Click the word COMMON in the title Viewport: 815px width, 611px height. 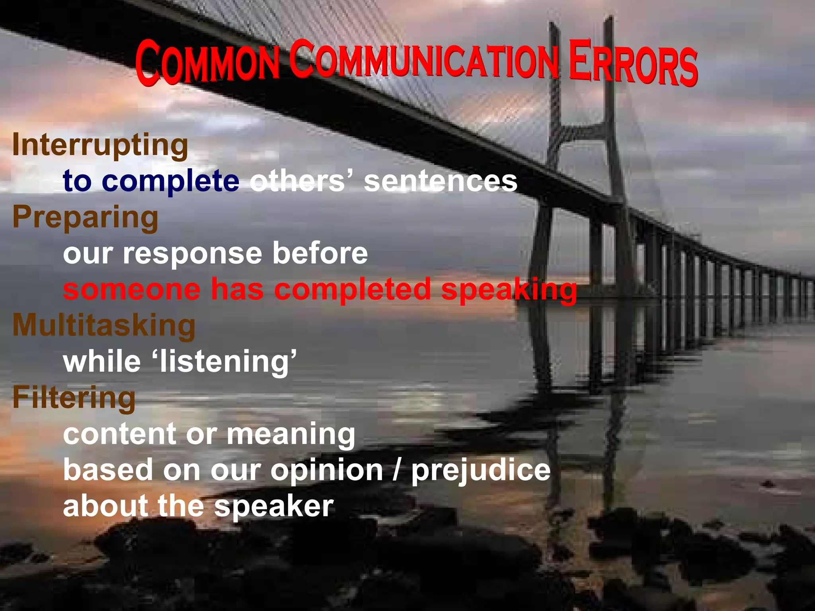click(207, 63)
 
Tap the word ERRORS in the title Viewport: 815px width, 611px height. click(633, 64)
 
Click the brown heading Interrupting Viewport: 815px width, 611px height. click(100, 145)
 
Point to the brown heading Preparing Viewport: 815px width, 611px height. click(85, 217)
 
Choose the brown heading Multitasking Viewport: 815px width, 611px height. click(104, 325)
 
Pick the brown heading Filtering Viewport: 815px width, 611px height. click(74, 397)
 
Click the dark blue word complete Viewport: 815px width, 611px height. click(171, 181)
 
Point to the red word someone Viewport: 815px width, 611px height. click(132, 289)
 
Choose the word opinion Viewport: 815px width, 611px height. click(327, 470)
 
